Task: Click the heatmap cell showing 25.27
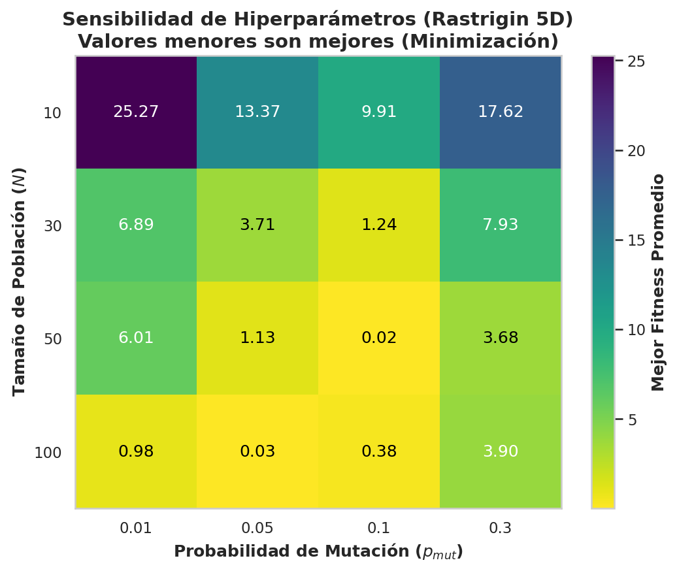pos(136,112)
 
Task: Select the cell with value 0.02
pos(379,338)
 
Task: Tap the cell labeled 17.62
pos(501,112)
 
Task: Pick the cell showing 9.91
pos(379,112)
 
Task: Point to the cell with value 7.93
pos(501,225)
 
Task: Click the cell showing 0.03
pos(257,451)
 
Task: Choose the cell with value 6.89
pos(136,225)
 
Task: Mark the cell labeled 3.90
pos(501,451)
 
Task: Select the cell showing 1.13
pos(257,338)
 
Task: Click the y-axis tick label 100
pos(48,453)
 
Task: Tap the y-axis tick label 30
pos(53,226)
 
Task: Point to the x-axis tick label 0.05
pos(257,527)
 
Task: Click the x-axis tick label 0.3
pos(501,527)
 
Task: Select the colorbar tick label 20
pos(636,151)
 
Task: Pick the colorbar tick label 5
pos(632,419)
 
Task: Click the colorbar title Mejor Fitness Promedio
pos(657,282)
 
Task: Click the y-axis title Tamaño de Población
pos(19,282)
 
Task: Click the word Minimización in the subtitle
pos(480,41)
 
